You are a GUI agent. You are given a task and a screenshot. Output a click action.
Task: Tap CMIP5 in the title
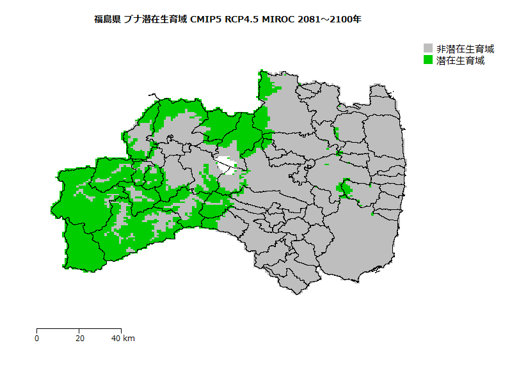click(x=207, y=19)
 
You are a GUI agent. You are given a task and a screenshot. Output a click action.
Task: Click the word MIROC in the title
click(x=279, y=19)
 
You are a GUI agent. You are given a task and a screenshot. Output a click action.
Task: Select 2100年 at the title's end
click(x=348, y=19)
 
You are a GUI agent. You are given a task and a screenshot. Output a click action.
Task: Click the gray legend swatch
click(x=428, y=49)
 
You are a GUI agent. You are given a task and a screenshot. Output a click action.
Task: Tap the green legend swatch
click(x=428, y=60)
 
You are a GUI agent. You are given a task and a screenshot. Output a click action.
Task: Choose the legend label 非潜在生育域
click(x=465, y=49)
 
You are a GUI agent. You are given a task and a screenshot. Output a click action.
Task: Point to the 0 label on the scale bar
click(x=37, y=338)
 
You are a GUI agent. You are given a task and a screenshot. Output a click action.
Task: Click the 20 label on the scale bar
click(x=79, y=338)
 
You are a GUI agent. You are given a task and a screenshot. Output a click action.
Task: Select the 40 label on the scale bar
click(x=115, y=338)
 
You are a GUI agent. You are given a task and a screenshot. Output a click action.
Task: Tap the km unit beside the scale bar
click(x=129, y=338)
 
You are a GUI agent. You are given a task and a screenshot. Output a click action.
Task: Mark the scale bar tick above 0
click(x=37, y=330)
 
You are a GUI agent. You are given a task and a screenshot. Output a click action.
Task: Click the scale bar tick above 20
click(x=79, y=330)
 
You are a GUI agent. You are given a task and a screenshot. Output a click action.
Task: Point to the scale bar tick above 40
click(x=120, y=330)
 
